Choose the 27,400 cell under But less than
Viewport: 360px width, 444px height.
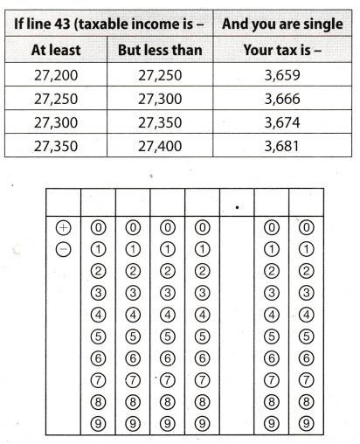click(161, 145)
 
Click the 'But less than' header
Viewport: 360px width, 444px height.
click(161, 50)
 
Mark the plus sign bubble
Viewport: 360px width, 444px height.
click(62, 227)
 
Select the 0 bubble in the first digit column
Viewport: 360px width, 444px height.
click(98, 227)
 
